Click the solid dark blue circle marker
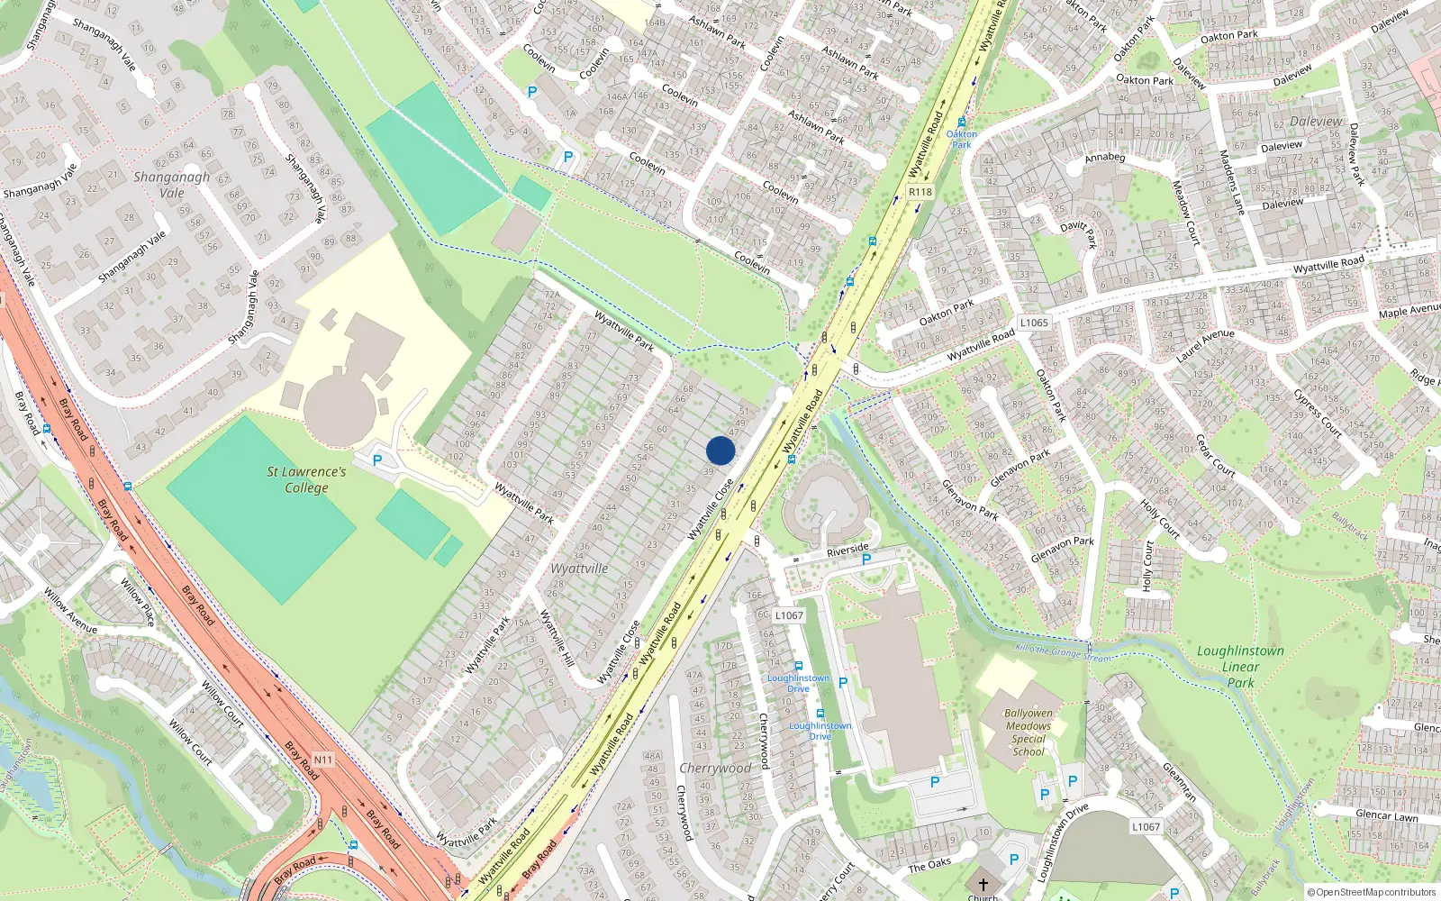(720, 450)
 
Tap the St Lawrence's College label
(306, 479)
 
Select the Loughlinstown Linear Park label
(1240, 667)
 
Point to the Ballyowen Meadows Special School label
(1029, 732)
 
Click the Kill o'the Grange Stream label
(1063, 652)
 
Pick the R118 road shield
(920, 192)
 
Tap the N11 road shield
(323, 760)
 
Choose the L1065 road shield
(1034, 323)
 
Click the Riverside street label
(847, 549)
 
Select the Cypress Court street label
(1317, 414)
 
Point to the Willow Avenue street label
(70, 612)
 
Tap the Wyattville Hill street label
(557, 638)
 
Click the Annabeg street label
(1105, 158)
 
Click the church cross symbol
(983, 885)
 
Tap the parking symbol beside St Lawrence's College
(377, 460)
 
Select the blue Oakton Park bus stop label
(962, 139)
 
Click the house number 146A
(616, 96)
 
